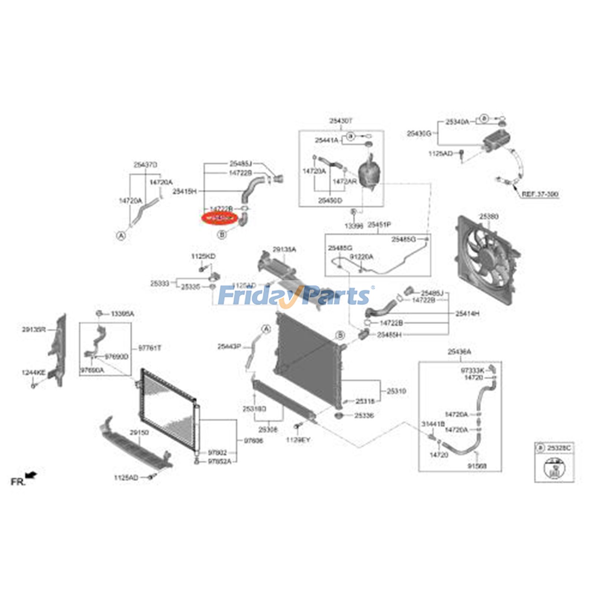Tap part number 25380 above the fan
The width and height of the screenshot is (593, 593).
tap(489, 216)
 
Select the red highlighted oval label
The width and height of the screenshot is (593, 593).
tap(219, 219)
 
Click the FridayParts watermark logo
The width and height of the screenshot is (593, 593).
tap(295, 296)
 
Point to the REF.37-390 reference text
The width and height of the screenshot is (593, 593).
tap(540, 194)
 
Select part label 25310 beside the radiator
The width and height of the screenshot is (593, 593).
tap(397, 391)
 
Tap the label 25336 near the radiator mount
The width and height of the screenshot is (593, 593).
tap(364, 415)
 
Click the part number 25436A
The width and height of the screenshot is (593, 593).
tap(459, 352)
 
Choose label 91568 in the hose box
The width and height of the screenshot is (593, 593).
tap(477, 466)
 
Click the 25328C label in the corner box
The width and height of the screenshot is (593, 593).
tap(559, 448)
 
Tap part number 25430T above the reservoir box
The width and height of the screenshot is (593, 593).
tap(341, 121)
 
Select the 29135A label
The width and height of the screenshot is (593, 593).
tap(284, 250)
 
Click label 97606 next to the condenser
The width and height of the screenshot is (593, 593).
tap(254, 441)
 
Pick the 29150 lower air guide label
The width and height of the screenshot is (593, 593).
tap(139, 433)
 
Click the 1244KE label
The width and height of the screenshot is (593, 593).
tap(34, 372)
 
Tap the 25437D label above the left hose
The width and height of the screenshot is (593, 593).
tap(145, 165)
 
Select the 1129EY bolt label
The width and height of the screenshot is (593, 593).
tap(298, 440)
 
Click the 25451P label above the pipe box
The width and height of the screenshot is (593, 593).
tap(379, 225)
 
